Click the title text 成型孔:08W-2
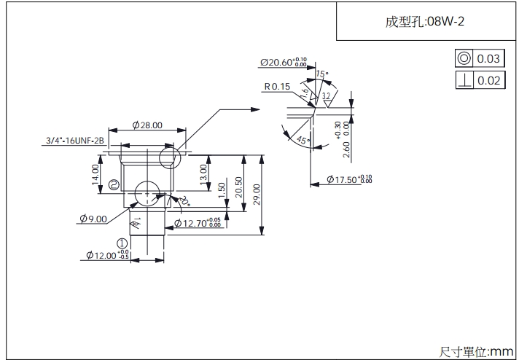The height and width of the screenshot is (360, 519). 425,21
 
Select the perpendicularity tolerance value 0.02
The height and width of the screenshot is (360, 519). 489,80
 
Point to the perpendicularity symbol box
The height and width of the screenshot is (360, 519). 464,80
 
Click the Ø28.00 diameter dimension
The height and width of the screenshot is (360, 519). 147,125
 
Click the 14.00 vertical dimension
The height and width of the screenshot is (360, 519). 96,174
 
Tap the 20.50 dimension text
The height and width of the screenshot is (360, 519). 238,187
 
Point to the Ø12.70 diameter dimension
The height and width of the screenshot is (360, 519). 197,223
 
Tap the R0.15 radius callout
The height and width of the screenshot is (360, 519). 277,87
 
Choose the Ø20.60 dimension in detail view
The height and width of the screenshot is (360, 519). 284,63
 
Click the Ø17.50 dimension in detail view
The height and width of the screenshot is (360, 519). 348,179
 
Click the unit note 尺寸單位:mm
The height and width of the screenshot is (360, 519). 477,352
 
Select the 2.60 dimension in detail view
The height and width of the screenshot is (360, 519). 346,149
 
